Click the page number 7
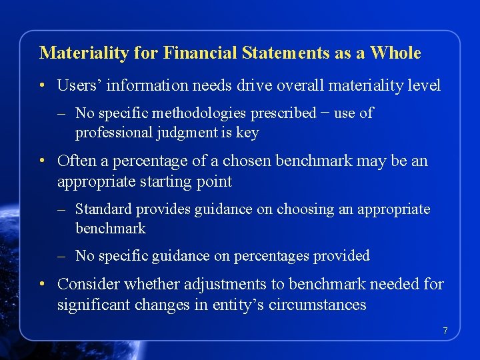(x=445, y=331)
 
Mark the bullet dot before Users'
(x=42, y=86)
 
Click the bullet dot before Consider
(x=42, y=285)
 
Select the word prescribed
(x=279, y=113)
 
